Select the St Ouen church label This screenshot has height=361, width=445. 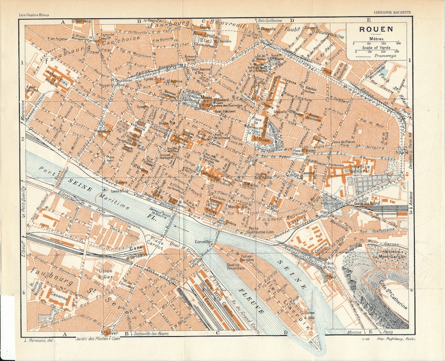click(259, 139)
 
